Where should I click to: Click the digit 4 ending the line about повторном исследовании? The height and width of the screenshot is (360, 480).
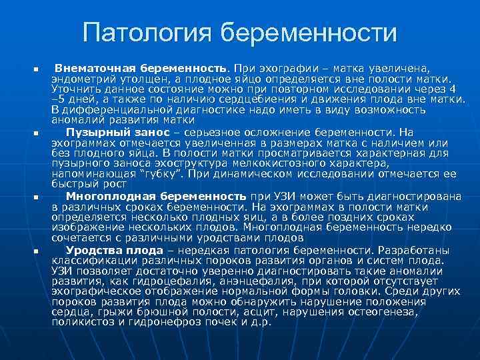[453, 88]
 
